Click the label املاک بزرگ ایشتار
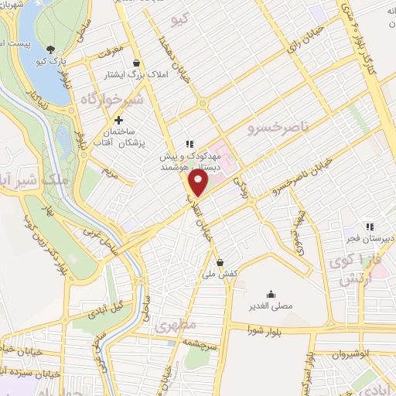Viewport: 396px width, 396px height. tap(127, 75)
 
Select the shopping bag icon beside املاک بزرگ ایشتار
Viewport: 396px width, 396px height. tap(137, 63)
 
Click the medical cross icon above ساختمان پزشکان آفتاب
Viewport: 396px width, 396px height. tap(118, 120)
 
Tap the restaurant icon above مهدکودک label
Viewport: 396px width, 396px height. tap(189, 143)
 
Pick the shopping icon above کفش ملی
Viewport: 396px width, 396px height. tap(220, 261)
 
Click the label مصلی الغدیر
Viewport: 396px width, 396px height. tap(271, 306)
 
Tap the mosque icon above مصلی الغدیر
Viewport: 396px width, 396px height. tap(271, 293)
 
